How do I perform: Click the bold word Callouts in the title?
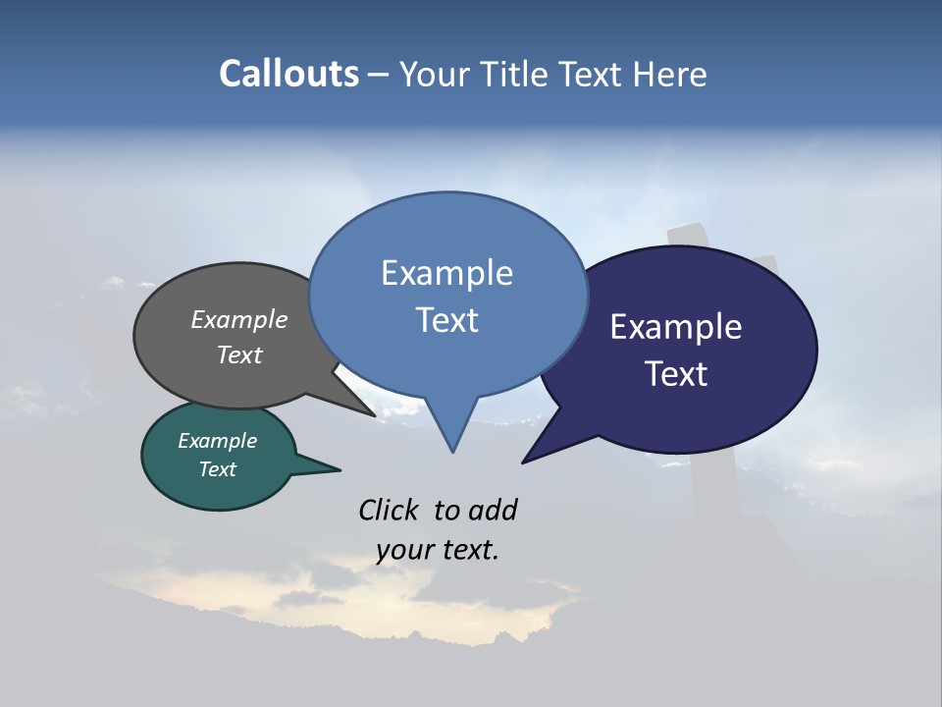click(x=288, y=74)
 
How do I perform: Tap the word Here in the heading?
click(x=670, y=74)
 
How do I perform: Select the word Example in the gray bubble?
click(x=239, y=319)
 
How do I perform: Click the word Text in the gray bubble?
click(x=239, y=354)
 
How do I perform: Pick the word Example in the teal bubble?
click(x=217, y=441)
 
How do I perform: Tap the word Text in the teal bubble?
click(x=217, y=469)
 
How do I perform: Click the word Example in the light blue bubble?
click(x=446, y=273)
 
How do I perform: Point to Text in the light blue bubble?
click(x=446, y=320)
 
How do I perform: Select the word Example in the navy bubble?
click(x=676, y=327)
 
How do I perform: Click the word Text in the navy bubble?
click(x=676, y=374)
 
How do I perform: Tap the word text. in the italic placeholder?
click(x=470, y=550)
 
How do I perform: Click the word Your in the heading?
click(x=435, y=74)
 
